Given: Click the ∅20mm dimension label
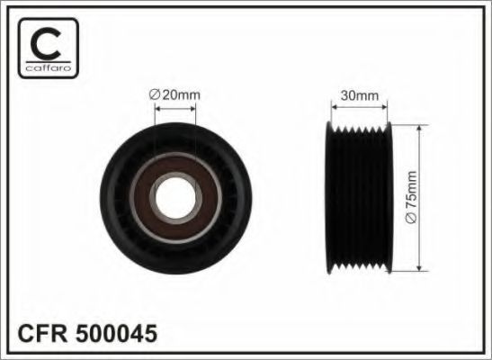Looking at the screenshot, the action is [x=174, y=94].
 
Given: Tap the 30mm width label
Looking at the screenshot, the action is [x=360, y=95].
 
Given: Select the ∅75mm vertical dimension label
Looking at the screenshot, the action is [x=411, y=197].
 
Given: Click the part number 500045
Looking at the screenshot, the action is [x=116, y=334].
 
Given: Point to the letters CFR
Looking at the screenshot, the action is [x=42, y=334].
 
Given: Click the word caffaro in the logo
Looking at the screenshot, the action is [x=49, y=68].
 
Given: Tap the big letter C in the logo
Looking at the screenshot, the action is [x=46, y=43].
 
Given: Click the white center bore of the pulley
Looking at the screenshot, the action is [x=175, y=198].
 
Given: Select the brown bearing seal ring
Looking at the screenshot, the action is [x=142, y=199].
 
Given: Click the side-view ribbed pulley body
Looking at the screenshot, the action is [x=359, y=197].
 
